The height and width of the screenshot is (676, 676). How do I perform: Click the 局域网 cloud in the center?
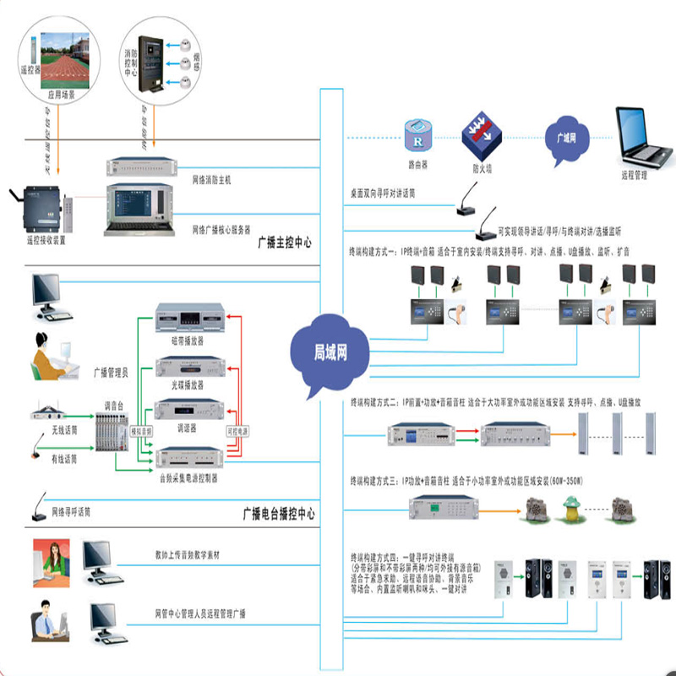tap(330, 353)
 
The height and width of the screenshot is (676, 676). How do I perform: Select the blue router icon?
tap(417, 134)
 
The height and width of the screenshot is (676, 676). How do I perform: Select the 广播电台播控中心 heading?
tap(279, 513)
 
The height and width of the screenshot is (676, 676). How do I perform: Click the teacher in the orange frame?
tap(51, 561)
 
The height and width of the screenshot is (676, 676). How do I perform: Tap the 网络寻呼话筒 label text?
tap(72, 512)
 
